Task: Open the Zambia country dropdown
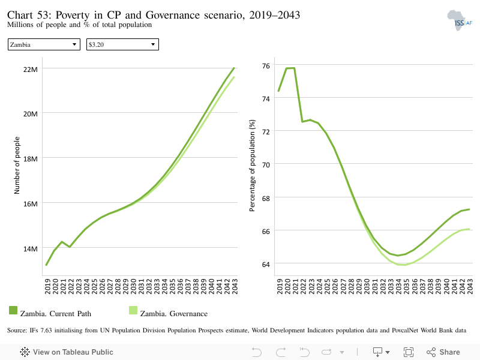click(x=44, y=44)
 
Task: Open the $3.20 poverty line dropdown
click(x=122, y=44)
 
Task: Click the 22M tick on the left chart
click(x=31, y=70)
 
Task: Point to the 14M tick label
click(x=31, y=249)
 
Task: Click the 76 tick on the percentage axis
click(x=266, y=66)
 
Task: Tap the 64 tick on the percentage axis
click(x=266, y=264)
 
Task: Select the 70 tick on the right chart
click(x=266, y=165)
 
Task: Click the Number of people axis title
click(x=17, y=166)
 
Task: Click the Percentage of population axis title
click(x=252, y=166)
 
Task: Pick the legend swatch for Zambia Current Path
click(x=13, y=310)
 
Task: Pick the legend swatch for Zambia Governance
click(x=133, y=310)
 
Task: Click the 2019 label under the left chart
click(x=47, y=286)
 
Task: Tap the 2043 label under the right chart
click(x=470, y=286)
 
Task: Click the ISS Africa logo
click(x=460, y=20)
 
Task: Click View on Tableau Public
click(x=67, y=352)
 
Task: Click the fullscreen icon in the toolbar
click(x=409, y=352)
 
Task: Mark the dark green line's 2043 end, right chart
click(x=469, y=209)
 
